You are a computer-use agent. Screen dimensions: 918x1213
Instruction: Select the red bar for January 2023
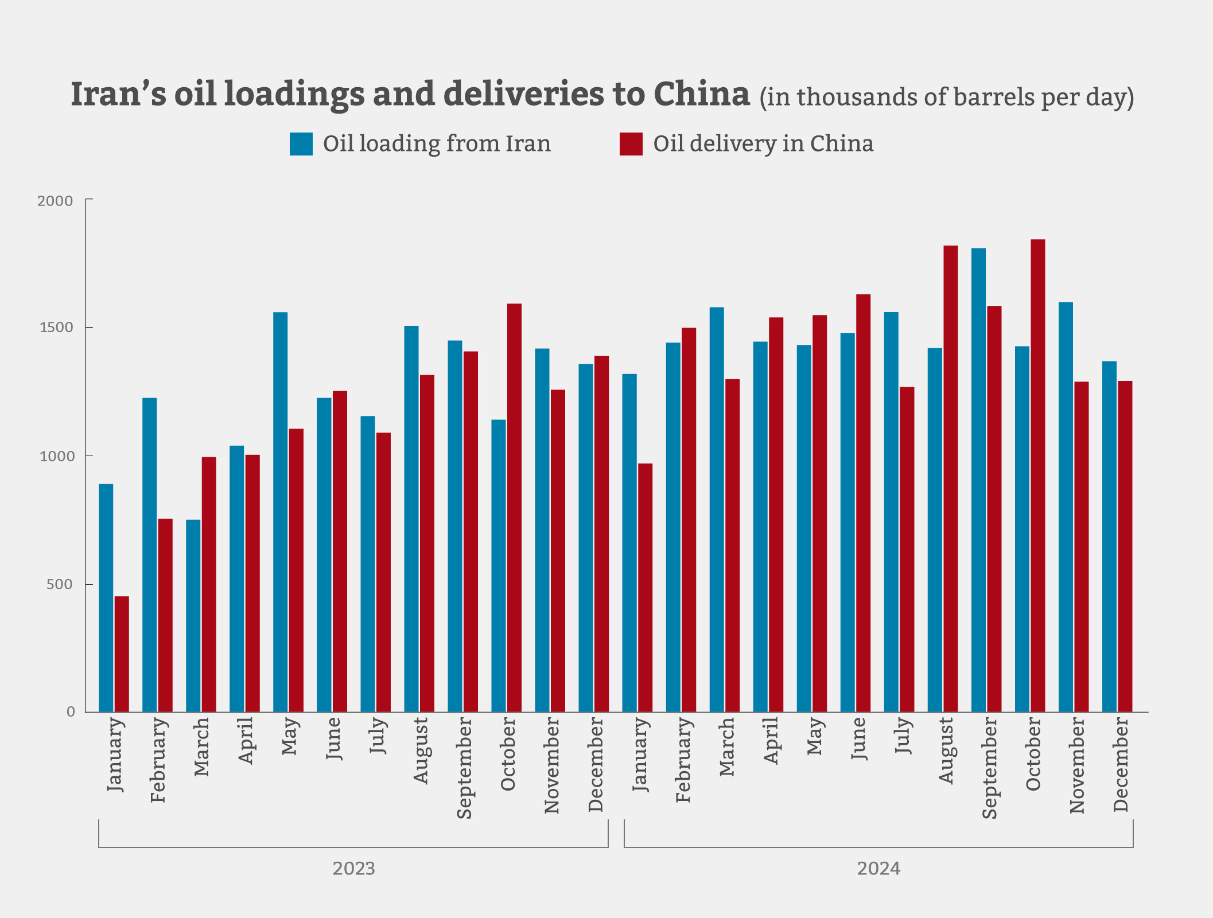click(122, 654)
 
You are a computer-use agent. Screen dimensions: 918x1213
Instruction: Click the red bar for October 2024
click(1037, 476)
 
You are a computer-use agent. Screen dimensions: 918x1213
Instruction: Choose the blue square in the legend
click(301, 144)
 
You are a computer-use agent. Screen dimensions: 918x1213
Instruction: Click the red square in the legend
click(631, 144)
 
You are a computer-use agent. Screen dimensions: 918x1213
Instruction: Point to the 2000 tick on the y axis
click(55, 201)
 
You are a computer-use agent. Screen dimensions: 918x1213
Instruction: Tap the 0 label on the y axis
click(71, 712)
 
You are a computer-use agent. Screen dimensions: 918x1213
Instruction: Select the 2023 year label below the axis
click(353, 869)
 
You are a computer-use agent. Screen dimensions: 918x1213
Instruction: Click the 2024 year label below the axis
click(878, 869)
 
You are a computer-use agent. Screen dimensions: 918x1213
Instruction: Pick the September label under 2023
click(464, 768)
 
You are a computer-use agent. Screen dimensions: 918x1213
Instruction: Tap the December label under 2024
click(1121, 764)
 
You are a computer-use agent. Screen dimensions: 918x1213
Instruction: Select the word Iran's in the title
click(118, 94)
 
